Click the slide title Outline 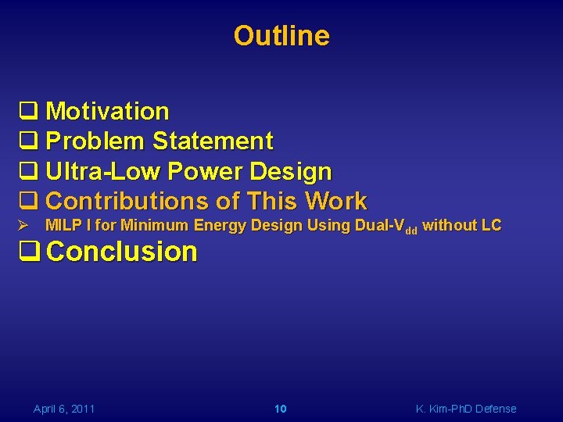[x=281, y=36]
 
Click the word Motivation [x=107, y=112]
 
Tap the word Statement [x=213, y=141]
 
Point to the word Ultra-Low [x=103, y=171]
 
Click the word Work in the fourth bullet [x=335, y=201]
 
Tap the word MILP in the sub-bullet [x=62, y=226]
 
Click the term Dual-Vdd [x=385, y=227]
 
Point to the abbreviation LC [x=491, y=226]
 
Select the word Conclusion [x=121, y=252]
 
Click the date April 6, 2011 [x=64, y=409]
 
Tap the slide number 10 [x=281, y=409]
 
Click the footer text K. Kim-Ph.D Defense [x=466, y=409]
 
